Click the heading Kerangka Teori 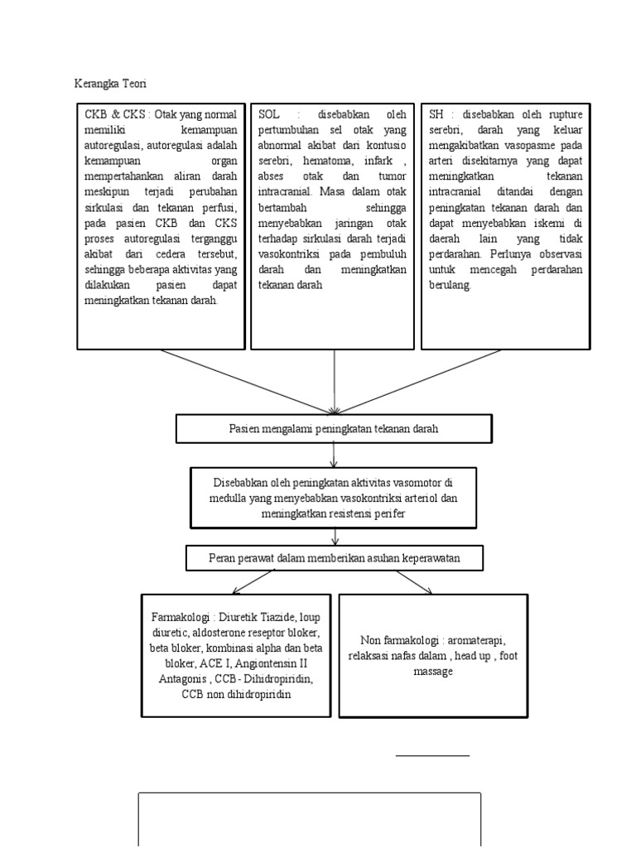(110, 84)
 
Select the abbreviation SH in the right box (436, 114)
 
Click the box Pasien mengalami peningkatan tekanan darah (334, 429)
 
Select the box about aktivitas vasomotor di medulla (334, 498)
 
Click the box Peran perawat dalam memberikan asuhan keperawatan (334, 559)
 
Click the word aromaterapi (476, 641)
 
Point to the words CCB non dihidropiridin (236, 695)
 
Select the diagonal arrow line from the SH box (418, 380)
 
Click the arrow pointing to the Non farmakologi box (414, 583)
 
